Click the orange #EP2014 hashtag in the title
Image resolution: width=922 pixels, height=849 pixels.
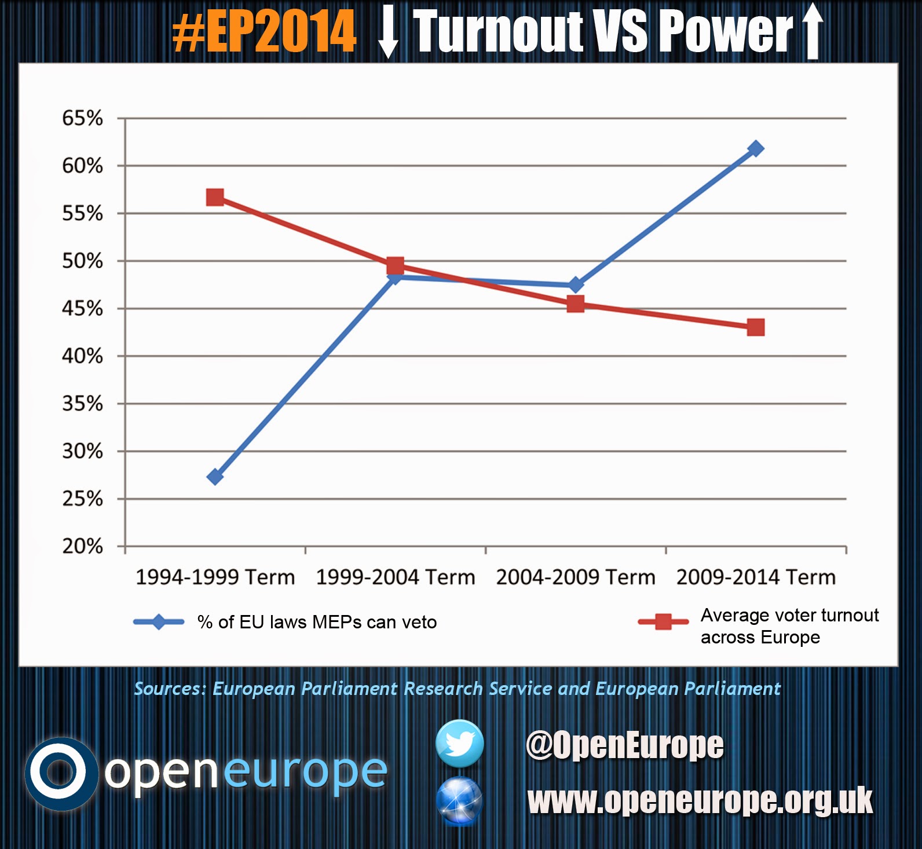pyautogui.click(x=265, y=32)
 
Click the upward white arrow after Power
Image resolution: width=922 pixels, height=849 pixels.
pyautogui.click(x=813, y=31)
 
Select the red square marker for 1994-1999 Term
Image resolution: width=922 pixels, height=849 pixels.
pyautogui.click(x=215, y=197)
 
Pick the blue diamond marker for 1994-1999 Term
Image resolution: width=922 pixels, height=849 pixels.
pyautogui.click(x=215, y=477)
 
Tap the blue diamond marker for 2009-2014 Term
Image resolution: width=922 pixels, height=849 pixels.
pyautogui.click(x=755, y=149)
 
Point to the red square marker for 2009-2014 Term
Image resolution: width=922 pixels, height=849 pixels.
pyautogui.click(x=755, y=327)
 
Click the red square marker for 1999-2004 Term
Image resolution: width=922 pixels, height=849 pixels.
pyautogui.click(x=395, y=266)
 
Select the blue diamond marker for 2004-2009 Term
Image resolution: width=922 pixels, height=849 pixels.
pyautogui.click(x=575, y=285)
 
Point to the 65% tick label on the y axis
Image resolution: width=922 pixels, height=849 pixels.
pyautogui.click(x=82, y=118)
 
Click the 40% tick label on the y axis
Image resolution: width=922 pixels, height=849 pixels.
pyautogui.click(x=82, y=356)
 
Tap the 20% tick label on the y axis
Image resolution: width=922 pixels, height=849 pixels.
pyautogui.click(x=82, y=546)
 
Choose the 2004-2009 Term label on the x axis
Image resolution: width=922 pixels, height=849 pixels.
pyautogui.click(x=576, y=577)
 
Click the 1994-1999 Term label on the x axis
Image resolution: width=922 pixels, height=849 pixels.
pyautogui.click(x=215, y=577)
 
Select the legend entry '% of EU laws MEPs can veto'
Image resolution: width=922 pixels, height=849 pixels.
pyautogui.click(x=317, y=622)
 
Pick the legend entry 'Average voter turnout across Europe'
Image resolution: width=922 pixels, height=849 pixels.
pyautogui.click(x=789, y=625)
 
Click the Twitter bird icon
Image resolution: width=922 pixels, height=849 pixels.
pyautogui.click(x=460, y=744)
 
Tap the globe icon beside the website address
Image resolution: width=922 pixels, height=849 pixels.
pyautogui.click(x=459, y=801)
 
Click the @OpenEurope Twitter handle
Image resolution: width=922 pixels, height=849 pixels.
pyautogui.click(x=624, y=745)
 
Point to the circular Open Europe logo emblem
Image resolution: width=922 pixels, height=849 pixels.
pyautogui.click(x=60, y=773)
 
